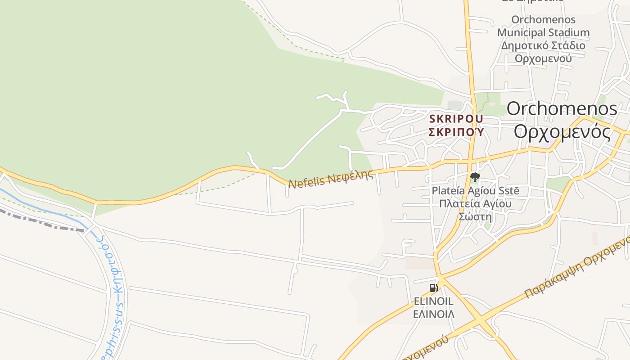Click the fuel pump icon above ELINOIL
point(433,288)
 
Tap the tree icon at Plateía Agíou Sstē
point(475,177)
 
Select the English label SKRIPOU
point(456,119)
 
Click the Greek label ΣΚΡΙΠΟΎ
point(456,132)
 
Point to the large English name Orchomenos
point(562,109)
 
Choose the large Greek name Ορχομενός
point(562,132)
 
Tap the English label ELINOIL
point(433,301)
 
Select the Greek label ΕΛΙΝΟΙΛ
point(433,314)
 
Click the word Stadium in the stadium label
point(568,32)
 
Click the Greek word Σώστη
point(475,216)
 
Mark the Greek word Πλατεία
point(458,203)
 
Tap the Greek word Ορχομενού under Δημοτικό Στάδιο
point(543,58)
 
